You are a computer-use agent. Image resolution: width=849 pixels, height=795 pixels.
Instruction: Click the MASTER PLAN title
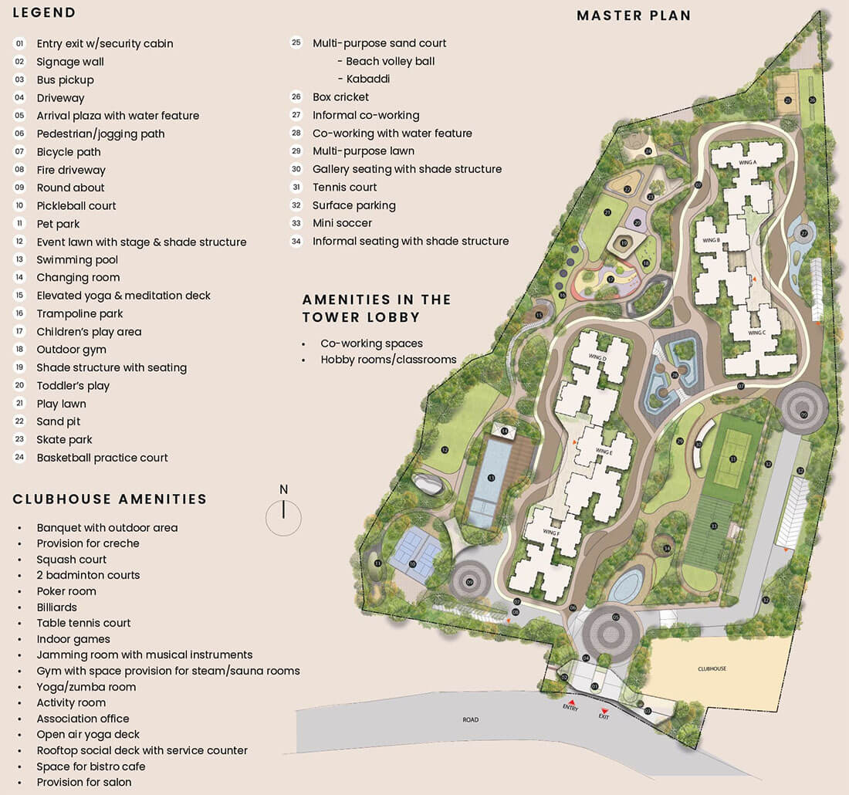point(634,15)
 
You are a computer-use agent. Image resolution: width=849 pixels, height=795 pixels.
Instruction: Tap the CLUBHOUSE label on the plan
point(712,668)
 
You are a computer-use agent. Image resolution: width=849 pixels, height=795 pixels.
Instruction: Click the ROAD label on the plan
point(471,719)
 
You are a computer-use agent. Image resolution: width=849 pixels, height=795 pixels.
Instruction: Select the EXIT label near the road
point(604,716)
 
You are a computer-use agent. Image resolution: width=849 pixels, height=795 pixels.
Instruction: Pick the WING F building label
point(551,532)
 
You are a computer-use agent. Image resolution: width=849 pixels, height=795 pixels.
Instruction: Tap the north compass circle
point(283,516)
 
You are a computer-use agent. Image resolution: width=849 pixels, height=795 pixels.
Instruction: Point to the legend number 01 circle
point(19,43)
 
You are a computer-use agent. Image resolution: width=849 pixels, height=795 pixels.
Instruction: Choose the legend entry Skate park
point(64,439)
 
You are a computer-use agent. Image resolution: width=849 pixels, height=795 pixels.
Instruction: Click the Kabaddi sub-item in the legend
point(368,79)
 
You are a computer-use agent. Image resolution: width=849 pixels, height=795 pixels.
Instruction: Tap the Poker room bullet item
point(66,591)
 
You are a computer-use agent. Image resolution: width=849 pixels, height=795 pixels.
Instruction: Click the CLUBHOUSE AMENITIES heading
point(110,499)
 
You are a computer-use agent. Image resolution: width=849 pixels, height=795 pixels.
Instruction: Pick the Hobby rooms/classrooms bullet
point(388,359)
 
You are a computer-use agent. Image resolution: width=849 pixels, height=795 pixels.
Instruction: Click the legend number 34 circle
point(296,241)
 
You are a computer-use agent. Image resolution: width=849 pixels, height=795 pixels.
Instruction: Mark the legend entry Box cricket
point(340,96)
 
